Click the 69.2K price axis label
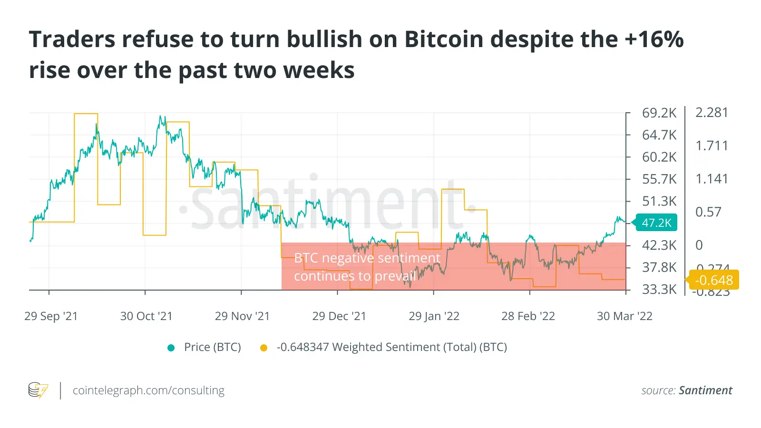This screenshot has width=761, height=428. coord(659,113)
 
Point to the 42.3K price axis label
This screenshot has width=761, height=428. coord(659,245)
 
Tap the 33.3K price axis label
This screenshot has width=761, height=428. coord(659,289)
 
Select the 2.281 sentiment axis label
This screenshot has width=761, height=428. coord(712,113)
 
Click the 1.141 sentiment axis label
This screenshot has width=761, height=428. coord(712,179)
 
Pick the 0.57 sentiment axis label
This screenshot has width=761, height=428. coord(708,212)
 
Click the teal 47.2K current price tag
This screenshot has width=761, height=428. coord(656,223)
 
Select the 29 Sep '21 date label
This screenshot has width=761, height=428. coord(51,316)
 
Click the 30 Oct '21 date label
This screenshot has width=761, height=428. coord(146,316)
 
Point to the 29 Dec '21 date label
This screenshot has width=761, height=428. coord(339,316)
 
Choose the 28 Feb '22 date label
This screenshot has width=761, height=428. coord(528,316)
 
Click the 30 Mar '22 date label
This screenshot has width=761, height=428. coord(624,316)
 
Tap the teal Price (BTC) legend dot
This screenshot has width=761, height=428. coord(171,348)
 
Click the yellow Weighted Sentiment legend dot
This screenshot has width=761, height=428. coord(263,348)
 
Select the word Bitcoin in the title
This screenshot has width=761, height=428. coord(444,39)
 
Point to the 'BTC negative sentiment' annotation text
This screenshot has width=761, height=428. coord(367,258)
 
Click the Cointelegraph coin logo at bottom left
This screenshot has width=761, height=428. coord(38,390)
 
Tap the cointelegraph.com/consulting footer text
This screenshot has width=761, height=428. coord(148,390)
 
